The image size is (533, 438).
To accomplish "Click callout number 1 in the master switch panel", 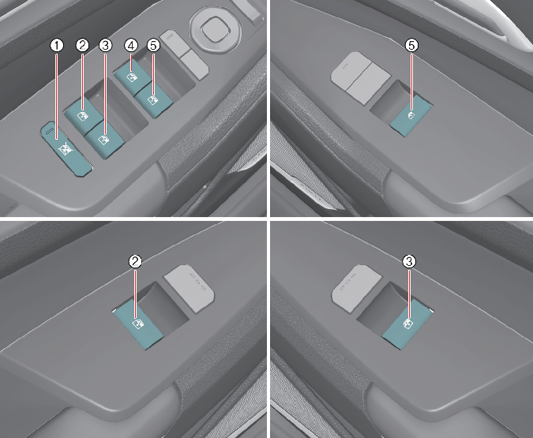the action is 57,45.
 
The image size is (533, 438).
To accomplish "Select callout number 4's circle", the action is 131,45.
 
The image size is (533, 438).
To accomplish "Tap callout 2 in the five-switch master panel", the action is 83,45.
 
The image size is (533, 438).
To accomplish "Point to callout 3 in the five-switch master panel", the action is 105,45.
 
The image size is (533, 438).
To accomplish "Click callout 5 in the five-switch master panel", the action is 153,45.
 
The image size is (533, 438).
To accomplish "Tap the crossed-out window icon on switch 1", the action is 65,149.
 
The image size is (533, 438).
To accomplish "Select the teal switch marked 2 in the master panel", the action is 83,115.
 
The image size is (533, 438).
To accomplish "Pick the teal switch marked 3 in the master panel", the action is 104,140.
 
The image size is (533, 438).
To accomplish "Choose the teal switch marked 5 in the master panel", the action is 154,100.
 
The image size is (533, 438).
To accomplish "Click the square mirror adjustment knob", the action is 216,28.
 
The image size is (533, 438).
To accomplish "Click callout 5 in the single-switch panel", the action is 411,45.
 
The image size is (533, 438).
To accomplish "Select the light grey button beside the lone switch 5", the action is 361,78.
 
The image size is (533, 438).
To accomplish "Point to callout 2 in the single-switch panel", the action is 135,261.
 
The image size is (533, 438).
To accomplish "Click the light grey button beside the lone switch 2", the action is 190,288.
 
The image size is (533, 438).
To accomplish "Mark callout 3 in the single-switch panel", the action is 409,261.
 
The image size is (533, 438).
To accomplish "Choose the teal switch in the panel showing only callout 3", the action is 407,325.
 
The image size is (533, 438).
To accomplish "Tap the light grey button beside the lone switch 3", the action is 357,288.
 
